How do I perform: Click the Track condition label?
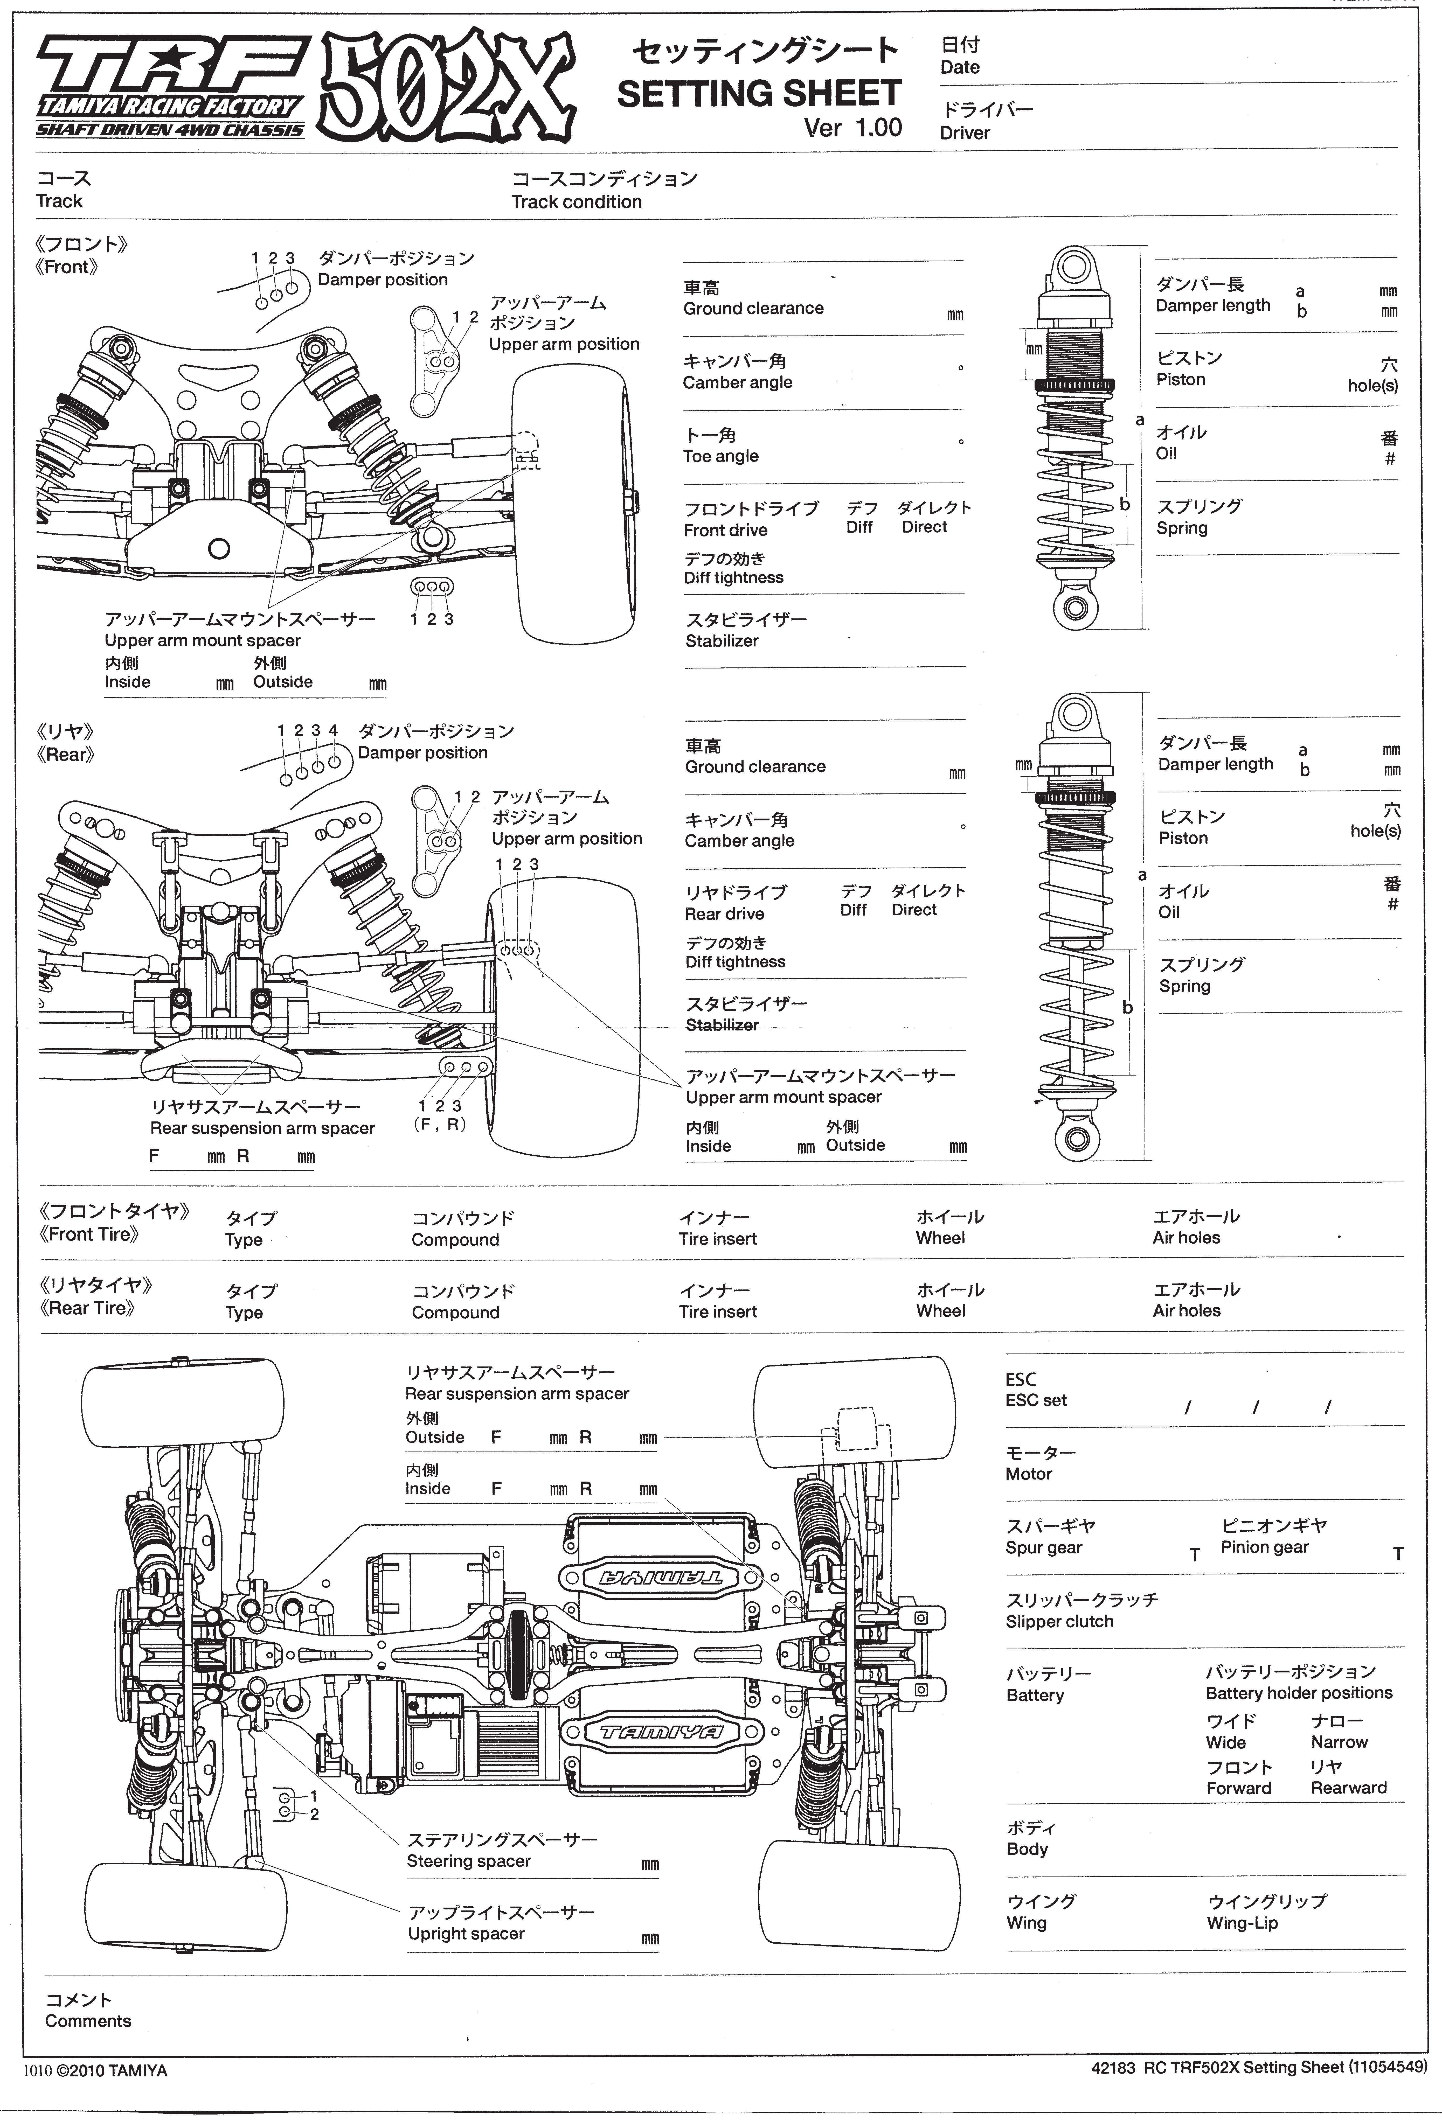coord(576,202)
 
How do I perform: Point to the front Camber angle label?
coord(737,382)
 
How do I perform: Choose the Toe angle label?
coord(720,456)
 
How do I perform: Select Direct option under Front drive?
coord(925,527)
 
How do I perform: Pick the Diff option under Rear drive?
coord(853,910)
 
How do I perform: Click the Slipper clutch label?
coord(1060,1622)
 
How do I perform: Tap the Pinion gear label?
coord(1264,1547)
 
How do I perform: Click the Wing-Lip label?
coord(1242,1923)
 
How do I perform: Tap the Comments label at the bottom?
coord(88,2021)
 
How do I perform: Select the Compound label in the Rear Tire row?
coord(455,1312)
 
